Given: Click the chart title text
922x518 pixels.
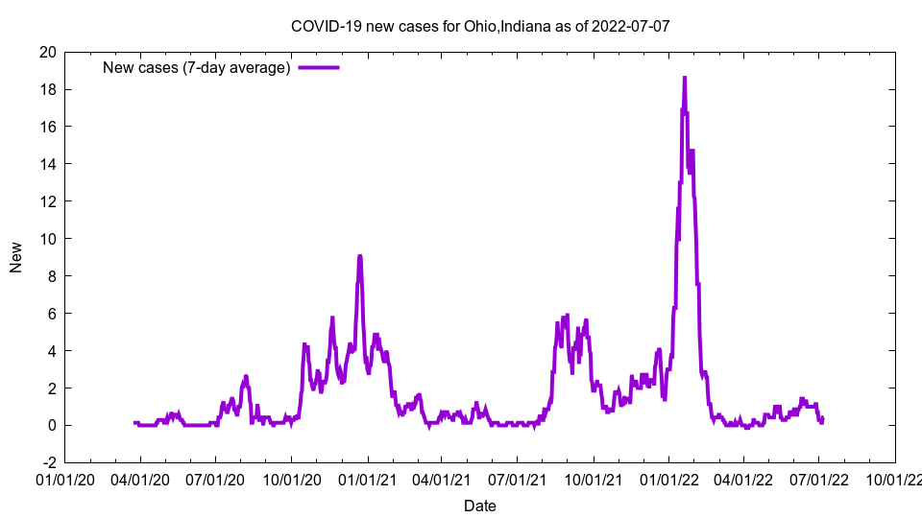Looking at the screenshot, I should [480, 26].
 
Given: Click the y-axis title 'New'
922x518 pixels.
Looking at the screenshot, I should [16, 257].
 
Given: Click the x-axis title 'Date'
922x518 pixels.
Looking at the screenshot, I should [480, 506].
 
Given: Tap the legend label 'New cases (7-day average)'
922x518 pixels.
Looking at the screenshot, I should [196, 67].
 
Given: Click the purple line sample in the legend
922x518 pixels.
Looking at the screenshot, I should [319, 67].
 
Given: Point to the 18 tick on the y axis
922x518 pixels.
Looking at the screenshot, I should [47, 89].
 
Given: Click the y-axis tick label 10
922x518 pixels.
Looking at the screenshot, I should [47, 239].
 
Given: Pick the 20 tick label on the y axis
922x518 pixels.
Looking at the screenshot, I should [47, 52].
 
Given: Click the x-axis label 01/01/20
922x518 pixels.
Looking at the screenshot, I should [64, 479].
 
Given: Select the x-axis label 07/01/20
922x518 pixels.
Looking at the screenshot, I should [215, 479].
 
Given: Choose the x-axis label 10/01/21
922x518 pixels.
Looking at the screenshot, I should [594, 479].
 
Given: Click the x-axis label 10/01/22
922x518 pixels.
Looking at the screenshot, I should [895, 479].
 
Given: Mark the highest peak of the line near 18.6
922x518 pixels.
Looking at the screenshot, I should [685, 78].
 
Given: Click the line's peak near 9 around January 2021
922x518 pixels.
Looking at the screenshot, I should [359, 256].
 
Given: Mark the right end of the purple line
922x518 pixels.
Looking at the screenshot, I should [822, 418].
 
